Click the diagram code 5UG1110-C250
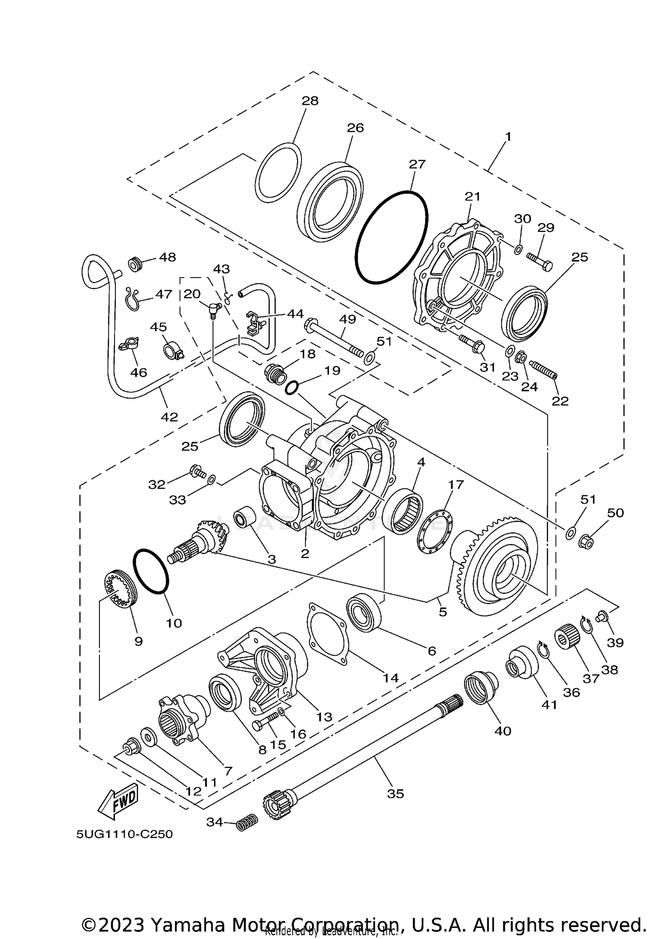(124, 834)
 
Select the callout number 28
(310, 101)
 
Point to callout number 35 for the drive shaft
(395, 794)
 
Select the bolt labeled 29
(539, 262)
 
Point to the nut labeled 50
(585, 540)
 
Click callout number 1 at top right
(508, 137)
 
